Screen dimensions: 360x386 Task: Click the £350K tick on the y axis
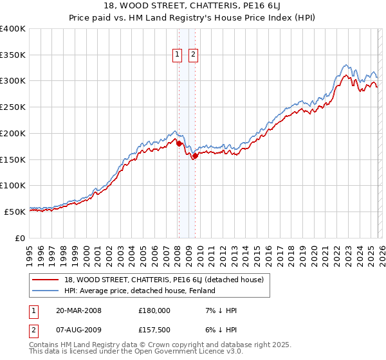pyautogui.click(x=13, y=55)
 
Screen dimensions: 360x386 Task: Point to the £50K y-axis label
pyautogui.click(x=15, y=212)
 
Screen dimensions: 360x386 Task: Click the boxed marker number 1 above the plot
pyautogui.click(x=177, y=55)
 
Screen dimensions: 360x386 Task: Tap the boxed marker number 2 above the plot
pyautogui.click(x=193, y=55)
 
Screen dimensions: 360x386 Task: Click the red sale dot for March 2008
pyautogui.click(x=178, y=144)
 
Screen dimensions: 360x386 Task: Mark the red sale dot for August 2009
pyautogui.click(x=194, y=156)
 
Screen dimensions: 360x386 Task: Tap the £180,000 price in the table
pyautogui.click(x=154, y=310)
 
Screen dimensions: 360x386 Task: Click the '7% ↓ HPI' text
pyautogui.click(x=220, y=310)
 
